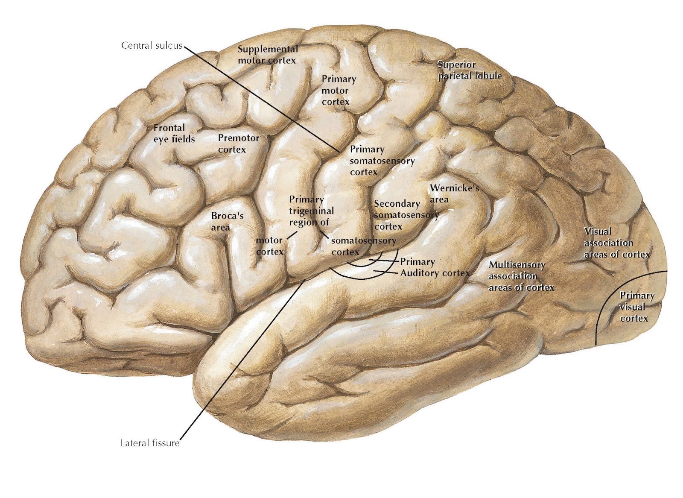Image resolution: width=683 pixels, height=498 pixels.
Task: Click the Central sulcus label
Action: click(x=152, y=45)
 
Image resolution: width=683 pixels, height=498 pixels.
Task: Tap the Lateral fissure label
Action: click(x=150, y=443)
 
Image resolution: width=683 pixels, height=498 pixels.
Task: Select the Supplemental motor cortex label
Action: click(x=267, y=55)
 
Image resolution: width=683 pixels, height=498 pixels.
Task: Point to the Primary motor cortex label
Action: click(x=338, y=91)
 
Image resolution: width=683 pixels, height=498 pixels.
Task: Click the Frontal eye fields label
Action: click(x=174, y=133)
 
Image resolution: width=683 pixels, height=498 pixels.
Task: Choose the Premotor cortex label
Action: click(x=238, y=144)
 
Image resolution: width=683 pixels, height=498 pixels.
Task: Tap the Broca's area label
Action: click(x=227, y=221)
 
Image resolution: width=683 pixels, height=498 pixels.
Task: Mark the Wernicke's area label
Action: click(x=455, y=193)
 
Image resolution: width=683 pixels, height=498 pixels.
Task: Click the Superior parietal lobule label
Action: click(x=469, y=70)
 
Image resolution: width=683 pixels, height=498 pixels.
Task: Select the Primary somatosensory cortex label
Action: click(x=382, y=161)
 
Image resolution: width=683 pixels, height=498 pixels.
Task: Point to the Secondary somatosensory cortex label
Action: click(x=406, y=215)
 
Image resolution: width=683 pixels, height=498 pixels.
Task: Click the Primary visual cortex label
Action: click(x=636, y=307)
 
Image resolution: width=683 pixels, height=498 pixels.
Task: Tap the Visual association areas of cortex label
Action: click(x=616, y=243)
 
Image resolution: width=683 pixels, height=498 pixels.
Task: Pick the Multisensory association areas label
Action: click(x=520, y=276)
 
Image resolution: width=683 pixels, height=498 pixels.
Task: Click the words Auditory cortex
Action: click(x=435, y=273)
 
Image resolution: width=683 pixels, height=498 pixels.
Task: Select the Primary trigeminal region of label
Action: click(x=311, y=211)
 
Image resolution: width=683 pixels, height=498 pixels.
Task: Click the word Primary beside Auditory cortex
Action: click(x=417, y=261)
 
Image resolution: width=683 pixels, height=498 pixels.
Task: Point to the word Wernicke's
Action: click(x=455, y=188)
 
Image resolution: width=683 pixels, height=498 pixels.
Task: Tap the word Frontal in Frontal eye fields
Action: click(x=169, y=128)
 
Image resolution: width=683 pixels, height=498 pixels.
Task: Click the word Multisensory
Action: click(x=517, y=265)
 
